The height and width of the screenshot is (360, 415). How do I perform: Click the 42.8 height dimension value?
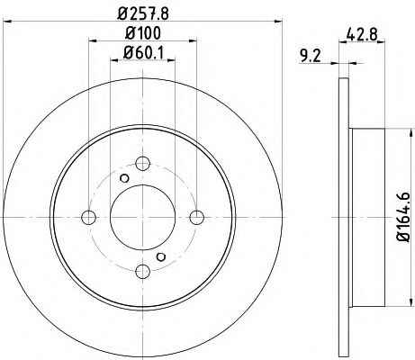(x=360, y=35)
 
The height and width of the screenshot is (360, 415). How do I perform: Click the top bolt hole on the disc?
(x=142, y=164)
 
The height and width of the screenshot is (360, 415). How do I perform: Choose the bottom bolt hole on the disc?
(x=142, y=270)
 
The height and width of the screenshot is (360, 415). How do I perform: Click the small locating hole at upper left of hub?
(x=124, y=177)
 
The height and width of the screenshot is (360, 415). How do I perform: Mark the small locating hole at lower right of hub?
(x=161, y=256)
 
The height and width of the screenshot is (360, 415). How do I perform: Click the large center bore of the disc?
(x=142, y=217)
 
